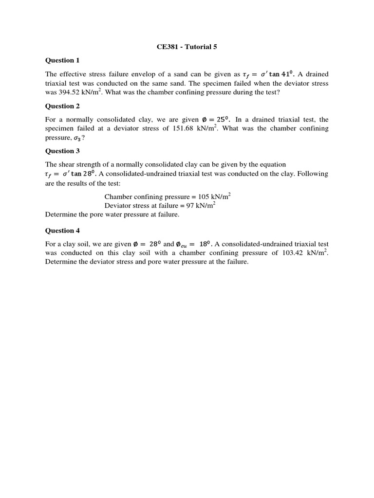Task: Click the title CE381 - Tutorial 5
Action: tap(187, 48)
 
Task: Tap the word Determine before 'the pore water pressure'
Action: tap(61, 214)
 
